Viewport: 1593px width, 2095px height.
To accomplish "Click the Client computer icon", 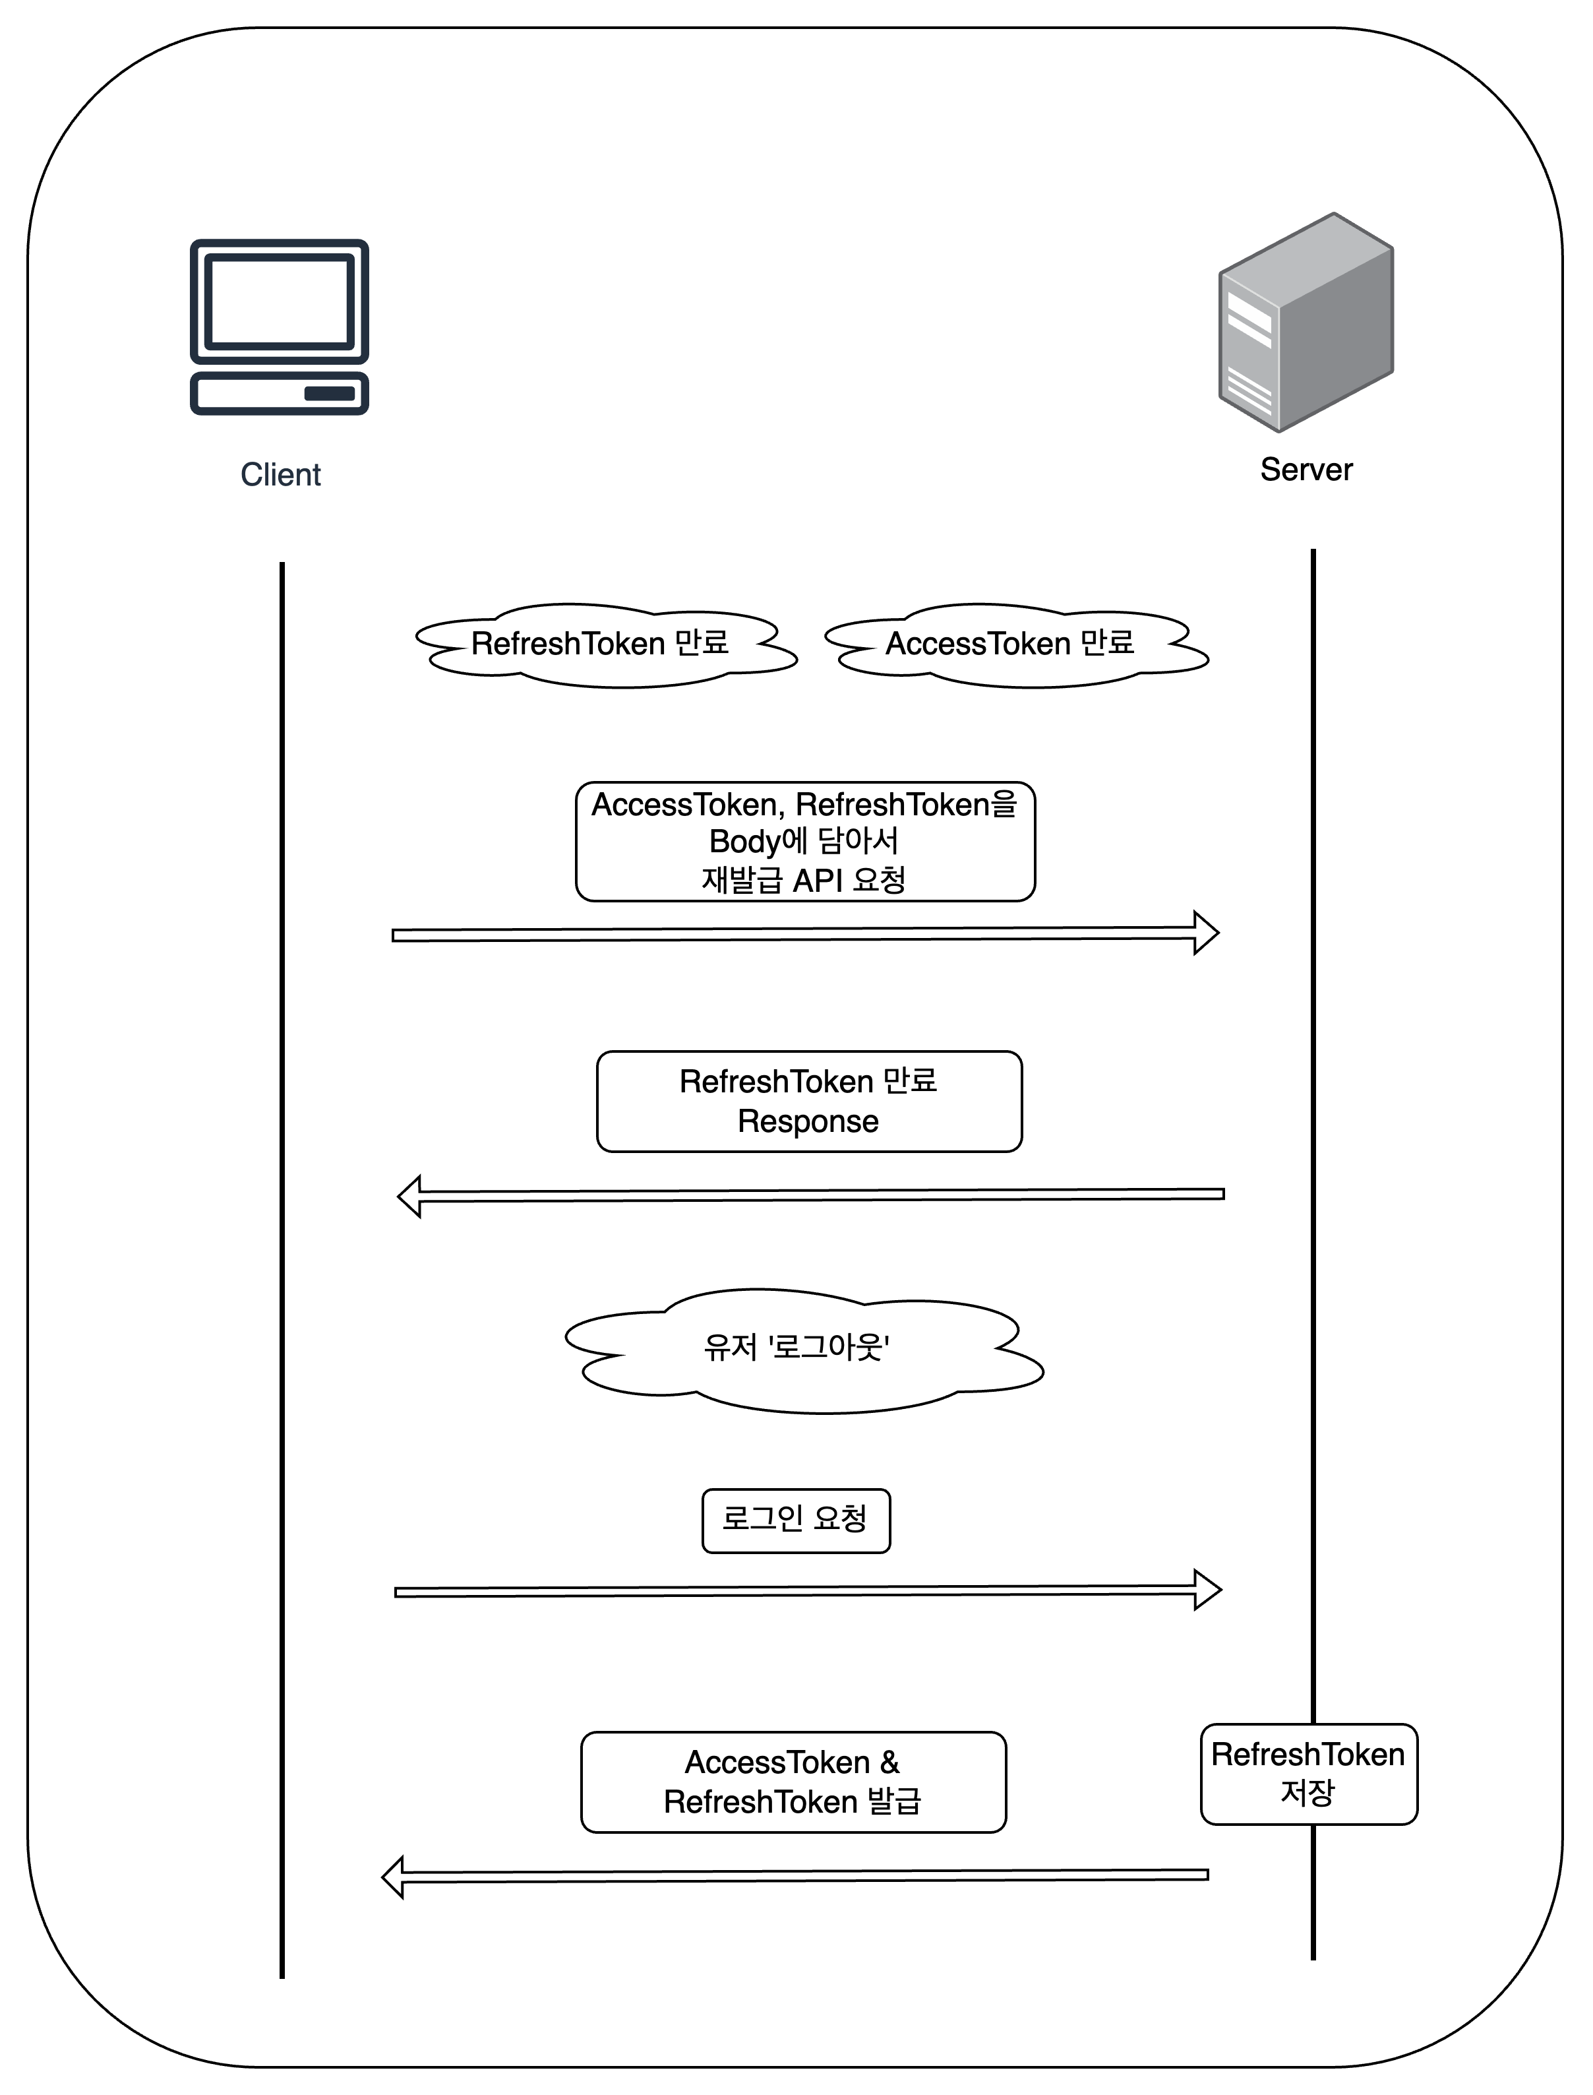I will [x=279, y=327].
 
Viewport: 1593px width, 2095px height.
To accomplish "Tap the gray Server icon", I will [x=1306, y=323].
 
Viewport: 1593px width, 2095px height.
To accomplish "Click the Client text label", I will [x=281, y=474].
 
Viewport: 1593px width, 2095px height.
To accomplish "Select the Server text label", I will [x=1306, y=470].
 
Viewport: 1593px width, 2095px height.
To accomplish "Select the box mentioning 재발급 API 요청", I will [x=805, y=841].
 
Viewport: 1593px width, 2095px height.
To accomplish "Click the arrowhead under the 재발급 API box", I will [x=1206, y=933].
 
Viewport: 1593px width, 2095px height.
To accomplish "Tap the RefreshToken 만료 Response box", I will [x=809, y=1101].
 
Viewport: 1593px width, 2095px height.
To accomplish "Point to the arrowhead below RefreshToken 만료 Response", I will [x=409, y=1197].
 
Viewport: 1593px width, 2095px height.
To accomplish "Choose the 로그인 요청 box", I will [x=796, y=1520].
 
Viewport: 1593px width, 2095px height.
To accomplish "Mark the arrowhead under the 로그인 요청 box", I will [x=1207, y=1590].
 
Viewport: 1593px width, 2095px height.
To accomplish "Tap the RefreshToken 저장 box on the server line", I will [x=1309, y=1774].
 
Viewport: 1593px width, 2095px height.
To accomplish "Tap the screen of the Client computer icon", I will [x=279, y=301].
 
